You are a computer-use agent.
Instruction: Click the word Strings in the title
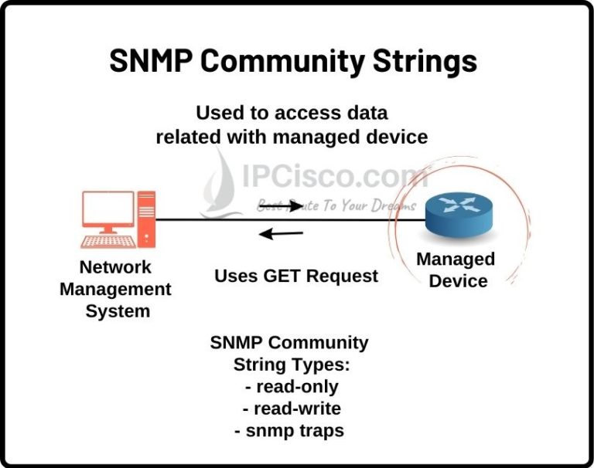425,61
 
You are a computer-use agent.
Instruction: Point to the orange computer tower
146,219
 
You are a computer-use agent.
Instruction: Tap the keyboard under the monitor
108,242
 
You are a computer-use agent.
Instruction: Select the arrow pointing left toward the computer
281,233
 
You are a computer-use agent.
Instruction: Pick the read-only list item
292,387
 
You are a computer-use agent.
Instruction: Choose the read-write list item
292,409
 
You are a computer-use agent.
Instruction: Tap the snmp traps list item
289,431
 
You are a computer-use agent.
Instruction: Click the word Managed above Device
456,260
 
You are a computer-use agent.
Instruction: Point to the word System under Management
118,311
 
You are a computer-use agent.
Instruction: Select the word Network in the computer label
115,267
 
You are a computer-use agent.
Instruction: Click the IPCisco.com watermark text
335,177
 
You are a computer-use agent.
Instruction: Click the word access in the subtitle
303,113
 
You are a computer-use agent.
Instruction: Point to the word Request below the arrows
342,276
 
